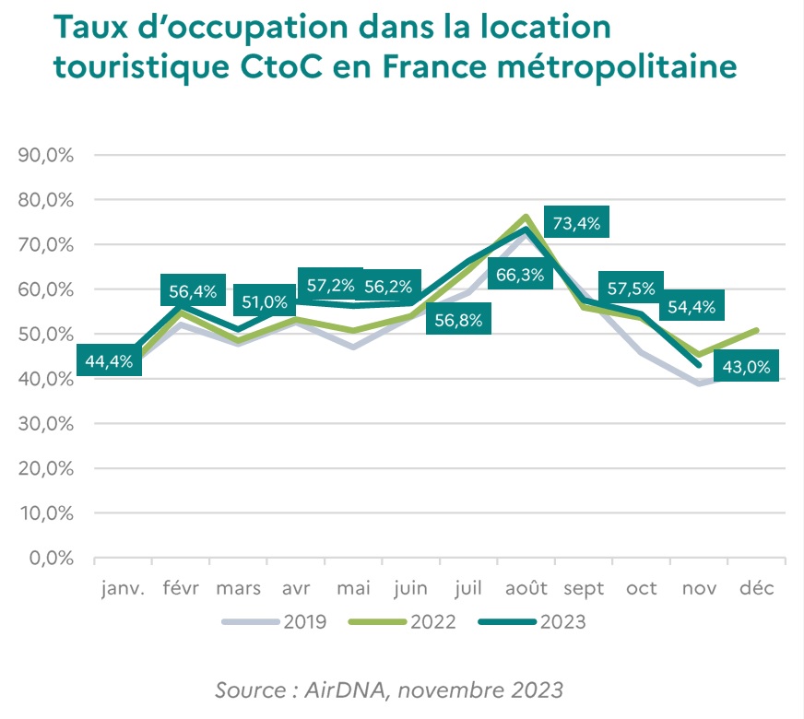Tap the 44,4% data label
click(x=110, y=361)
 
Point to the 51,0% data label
click(x=266, y=301)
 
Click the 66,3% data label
click(x=519, y=275)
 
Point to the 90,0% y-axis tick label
click(x=45, y=155)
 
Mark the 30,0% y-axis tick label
click(x=45, y=424)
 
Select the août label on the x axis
click(x=526, y=589)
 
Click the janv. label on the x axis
click(x=124, y=589)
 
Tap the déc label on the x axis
click(x=756, y=589)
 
